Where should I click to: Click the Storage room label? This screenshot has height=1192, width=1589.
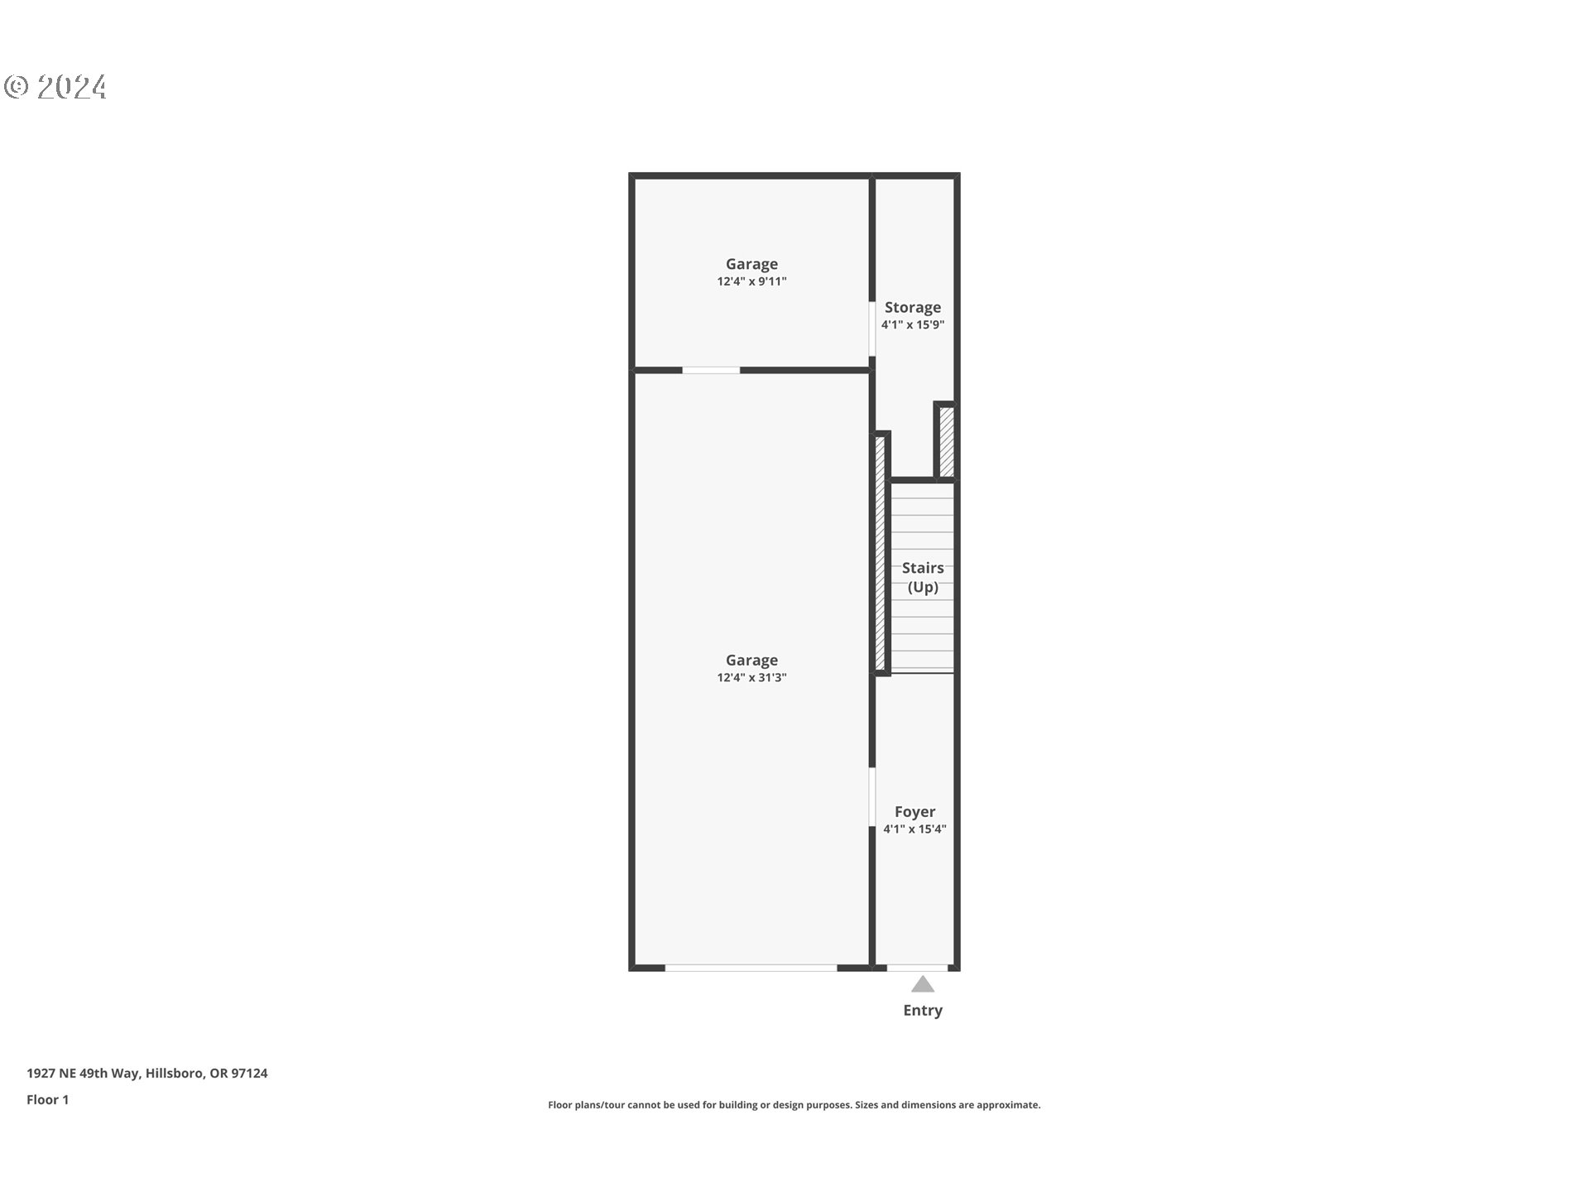[x=912, y=307]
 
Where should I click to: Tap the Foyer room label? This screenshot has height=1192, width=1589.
[x=915, y=812]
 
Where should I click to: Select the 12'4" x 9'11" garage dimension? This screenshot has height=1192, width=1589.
[x=751, y=281]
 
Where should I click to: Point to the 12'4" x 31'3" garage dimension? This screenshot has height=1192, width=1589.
[x=751, y=678]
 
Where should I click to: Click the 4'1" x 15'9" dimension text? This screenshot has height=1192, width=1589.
[x=912, y=325]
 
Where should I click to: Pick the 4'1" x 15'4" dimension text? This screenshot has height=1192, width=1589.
[x=915, y=829]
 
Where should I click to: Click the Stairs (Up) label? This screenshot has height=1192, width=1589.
[x=923, y=577]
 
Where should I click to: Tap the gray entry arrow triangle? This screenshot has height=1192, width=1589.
[x=923, y=984]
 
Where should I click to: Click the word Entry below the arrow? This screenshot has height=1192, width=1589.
[x=923, y=1011]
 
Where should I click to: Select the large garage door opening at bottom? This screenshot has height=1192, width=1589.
[x=751, y=967]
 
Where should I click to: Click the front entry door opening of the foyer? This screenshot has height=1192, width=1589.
[x=917, y=967]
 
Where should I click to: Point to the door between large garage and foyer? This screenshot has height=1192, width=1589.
[x=872, y=796]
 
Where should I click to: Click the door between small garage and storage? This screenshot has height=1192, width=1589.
[x=872, y=329]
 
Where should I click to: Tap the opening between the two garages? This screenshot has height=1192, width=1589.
[x=711, y=370]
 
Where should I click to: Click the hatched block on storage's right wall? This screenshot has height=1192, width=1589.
[x=946, y=441]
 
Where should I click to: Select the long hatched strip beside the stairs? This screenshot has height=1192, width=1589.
[x=881, y=552]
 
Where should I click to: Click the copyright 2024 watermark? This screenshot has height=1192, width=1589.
[x=55, y=87]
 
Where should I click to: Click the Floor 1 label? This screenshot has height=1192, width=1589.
[x=47, y=1100]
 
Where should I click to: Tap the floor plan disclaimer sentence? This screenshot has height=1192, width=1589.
[x=794, y=1105]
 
